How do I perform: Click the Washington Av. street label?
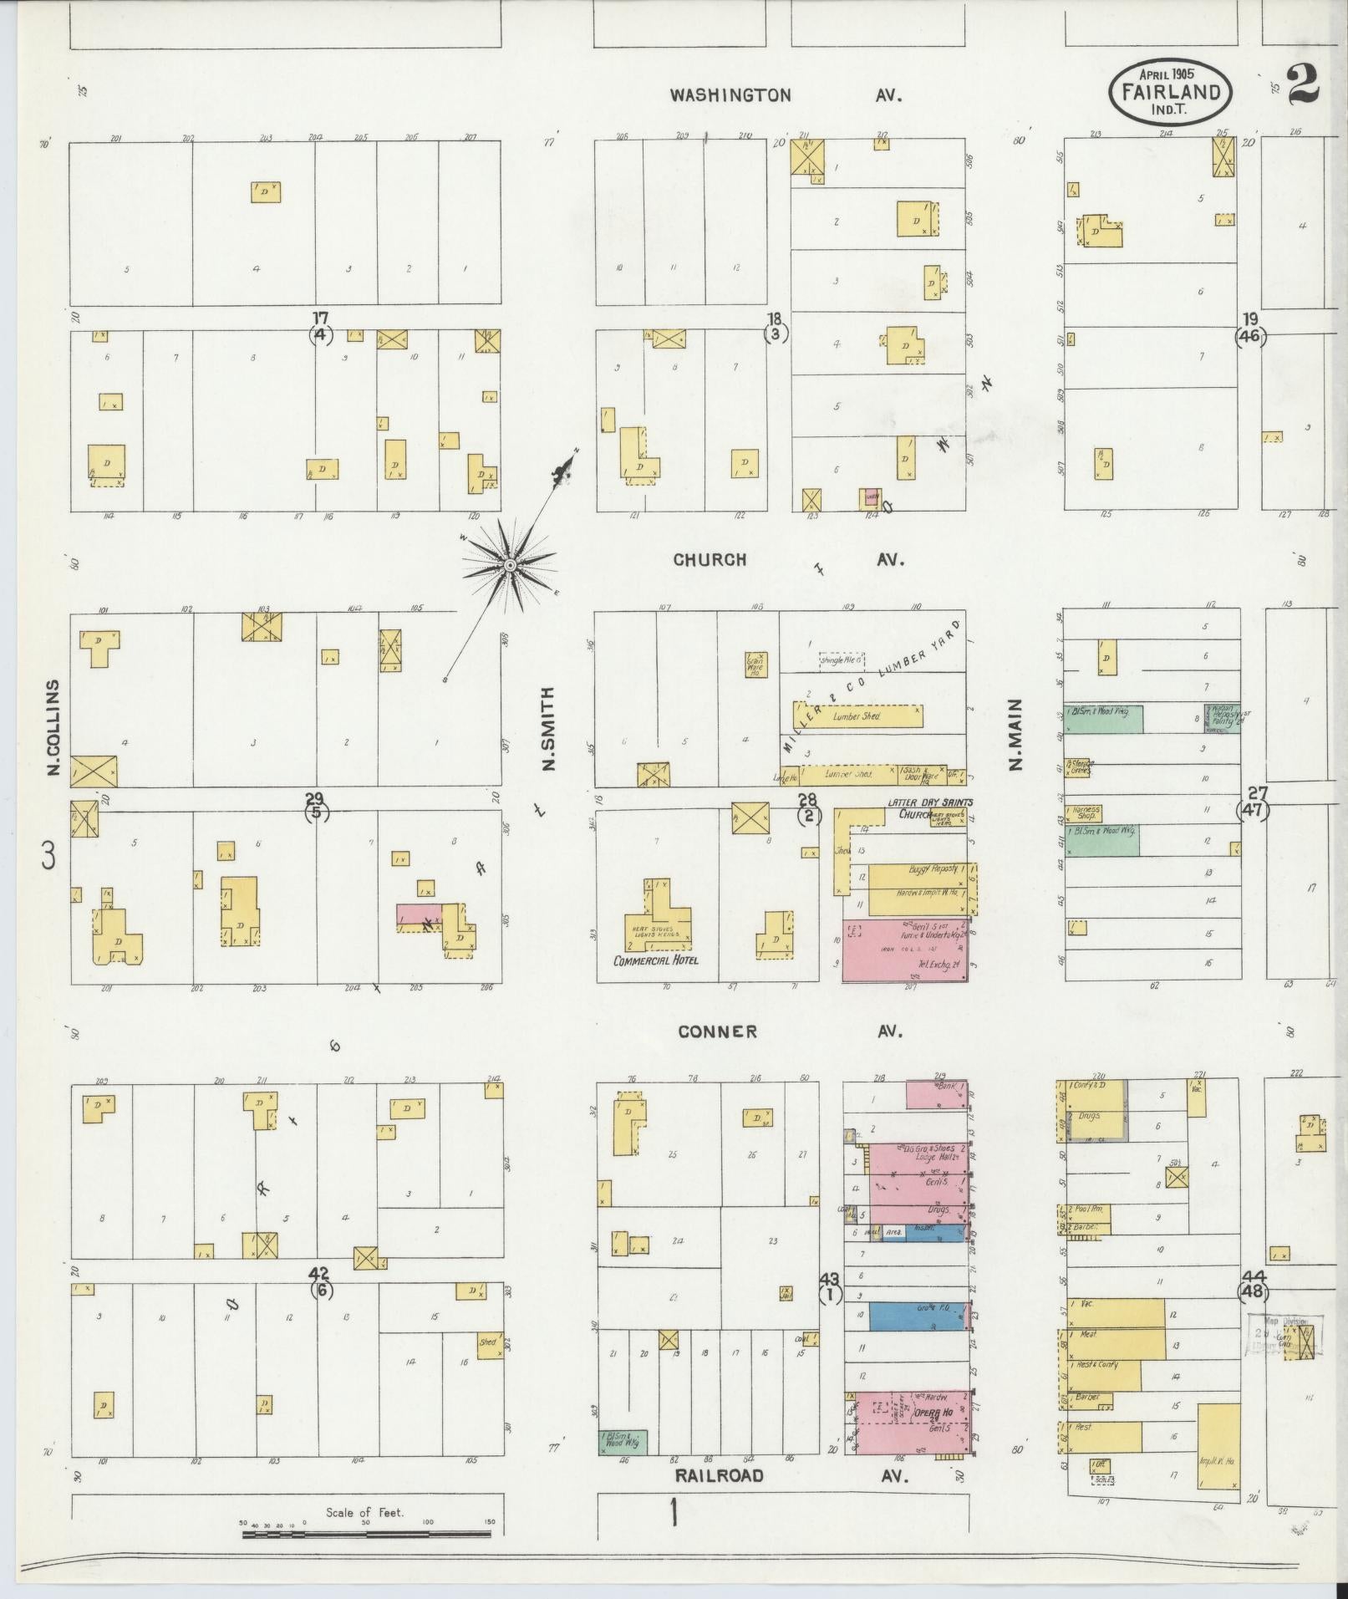[x=786, y=95]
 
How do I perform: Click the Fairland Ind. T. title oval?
[x=1170, y=92]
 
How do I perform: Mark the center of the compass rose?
[x=508, y=567]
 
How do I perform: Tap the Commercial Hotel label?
[x=656, y=960]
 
